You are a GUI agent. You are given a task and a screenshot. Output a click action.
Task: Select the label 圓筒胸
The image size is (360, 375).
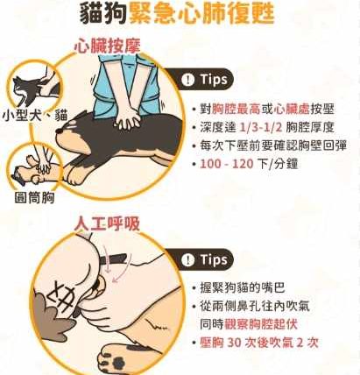pos(35,197)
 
